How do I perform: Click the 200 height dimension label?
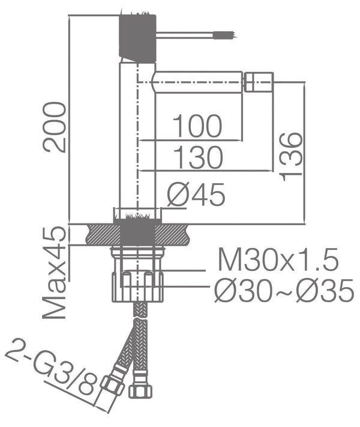[x=55, y=127]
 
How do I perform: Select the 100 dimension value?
[x=197, y=127]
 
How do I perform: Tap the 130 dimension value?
[x=198, y=158]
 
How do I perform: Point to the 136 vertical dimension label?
[x=290, y=155]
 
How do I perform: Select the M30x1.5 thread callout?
[x=278, y=261]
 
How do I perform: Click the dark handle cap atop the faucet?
[x=139, y=37]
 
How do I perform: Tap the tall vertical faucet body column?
[x=130, y=138]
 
